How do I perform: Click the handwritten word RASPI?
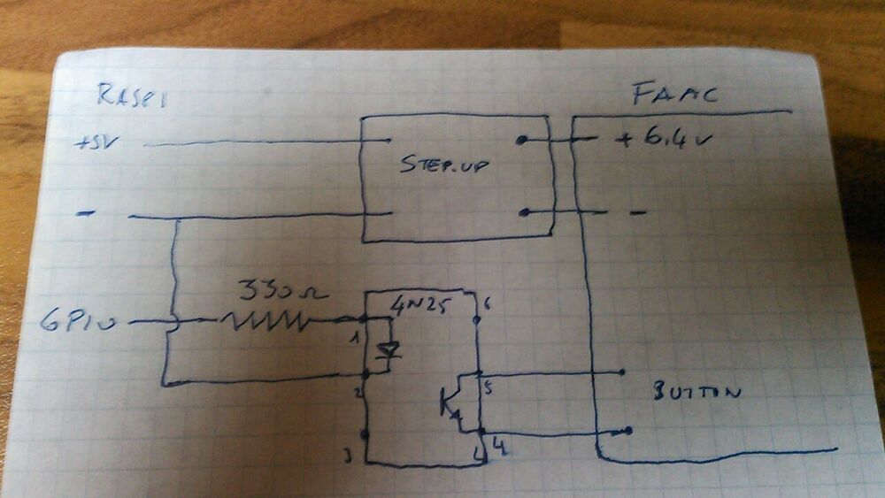click(x=131, y=95)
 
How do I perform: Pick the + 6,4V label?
click(x=665, y=140)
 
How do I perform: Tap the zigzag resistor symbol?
click(x=266, y=322)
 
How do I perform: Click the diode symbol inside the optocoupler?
click(x=386, y=352)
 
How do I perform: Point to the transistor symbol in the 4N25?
click(x=451, y=402)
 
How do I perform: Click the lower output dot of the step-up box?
click(x=523, y=212)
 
